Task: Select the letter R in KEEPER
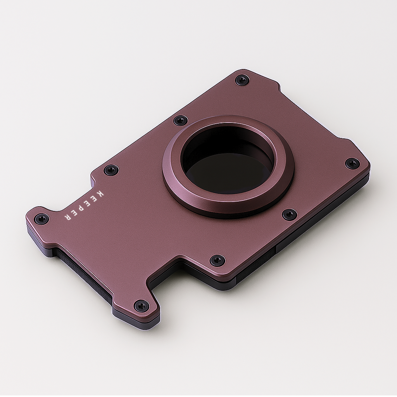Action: [67, 217]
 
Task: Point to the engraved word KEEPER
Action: [84, 205]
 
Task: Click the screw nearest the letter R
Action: [41, 219]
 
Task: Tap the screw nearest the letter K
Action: [111, 170]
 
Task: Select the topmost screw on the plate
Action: [242, 80]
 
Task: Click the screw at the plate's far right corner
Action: [352, 163]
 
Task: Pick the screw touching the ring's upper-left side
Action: [181, 120]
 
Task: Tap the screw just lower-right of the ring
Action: [289, 214]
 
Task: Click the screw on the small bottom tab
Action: [142, 306]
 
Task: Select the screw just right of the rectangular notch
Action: [217, 260]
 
